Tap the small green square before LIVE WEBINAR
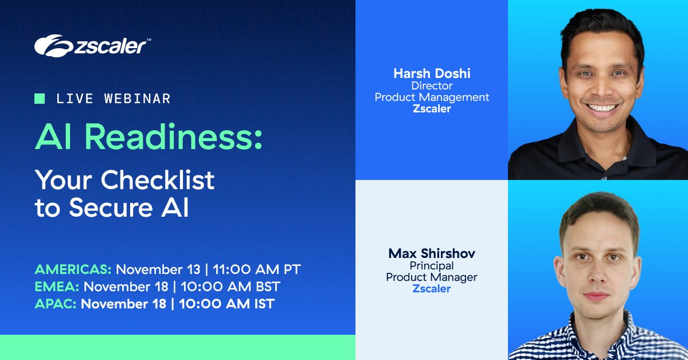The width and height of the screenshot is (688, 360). tap(40, 99)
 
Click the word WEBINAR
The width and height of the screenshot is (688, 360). tap(138, 99)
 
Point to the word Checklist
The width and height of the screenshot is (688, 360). tap(158, 181)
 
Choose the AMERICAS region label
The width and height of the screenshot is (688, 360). tap(73, 269)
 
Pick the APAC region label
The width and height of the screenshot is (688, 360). tap(56, 304)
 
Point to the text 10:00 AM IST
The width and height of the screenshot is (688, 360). tap(226, 304)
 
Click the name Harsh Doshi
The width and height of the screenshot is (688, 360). tap(431, 73)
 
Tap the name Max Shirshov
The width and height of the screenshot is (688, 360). tap(431, 253)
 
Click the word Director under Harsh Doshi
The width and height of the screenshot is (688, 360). tap(431, 85)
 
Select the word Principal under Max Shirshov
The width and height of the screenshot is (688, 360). tap(431, 265)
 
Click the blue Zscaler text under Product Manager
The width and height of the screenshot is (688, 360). tap(431, 289)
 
